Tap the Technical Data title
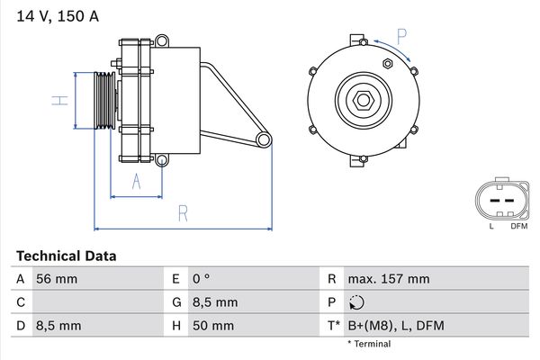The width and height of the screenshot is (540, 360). point(67,256)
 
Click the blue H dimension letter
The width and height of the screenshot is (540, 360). point(59,101)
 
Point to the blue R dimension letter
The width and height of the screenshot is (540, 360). point(182,213)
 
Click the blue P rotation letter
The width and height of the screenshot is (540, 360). point(401,34)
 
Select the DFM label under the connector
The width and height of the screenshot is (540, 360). point(519,226)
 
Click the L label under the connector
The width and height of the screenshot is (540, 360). point(491,226)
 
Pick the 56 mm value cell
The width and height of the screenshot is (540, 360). point(56,279)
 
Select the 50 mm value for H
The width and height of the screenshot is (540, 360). point(213,326)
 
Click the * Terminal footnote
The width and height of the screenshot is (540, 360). point(369,344)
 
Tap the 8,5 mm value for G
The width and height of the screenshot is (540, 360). point(214,302)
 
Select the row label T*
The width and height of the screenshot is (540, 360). point(334,326)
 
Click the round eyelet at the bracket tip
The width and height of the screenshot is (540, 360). point(264,139)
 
